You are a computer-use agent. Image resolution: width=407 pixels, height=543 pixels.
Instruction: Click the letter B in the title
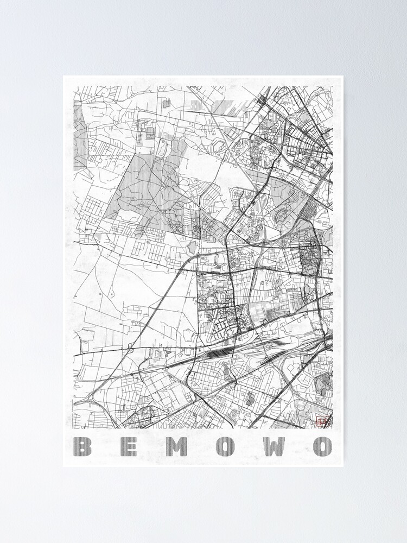point(82,446)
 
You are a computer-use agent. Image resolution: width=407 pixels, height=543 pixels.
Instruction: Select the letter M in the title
point(176,446)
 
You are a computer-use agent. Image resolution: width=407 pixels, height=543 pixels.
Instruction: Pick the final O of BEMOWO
point(322,446)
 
